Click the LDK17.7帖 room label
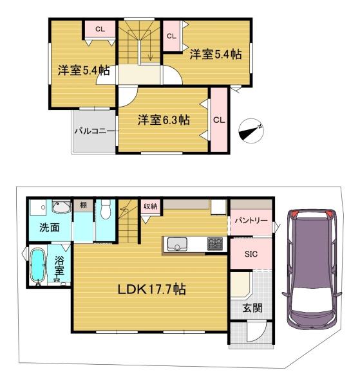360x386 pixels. tap(151, 289)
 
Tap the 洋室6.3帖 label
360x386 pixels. tap(164, 120)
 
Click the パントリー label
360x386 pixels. tap(251, 220)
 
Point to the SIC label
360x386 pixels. tap(251, 254)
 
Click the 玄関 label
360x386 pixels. tap(252, 308)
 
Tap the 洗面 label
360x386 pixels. tap(50, 228)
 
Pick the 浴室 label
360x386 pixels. tap(59, 266)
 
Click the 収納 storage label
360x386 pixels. tap(150, 207)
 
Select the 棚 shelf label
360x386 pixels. tap(83, 205)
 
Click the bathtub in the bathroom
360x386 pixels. tap(39, 266)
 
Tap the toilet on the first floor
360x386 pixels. tap(106, 209)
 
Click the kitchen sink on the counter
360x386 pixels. tap(177, 244)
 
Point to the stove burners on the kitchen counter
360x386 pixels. tap(215, 244)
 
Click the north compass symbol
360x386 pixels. tap(251, 131)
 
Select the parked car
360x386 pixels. tap(312, 270)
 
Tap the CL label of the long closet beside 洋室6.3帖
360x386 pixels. tap(219, 120)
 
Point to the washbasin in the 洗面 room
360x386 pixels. tap(61, 208)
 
